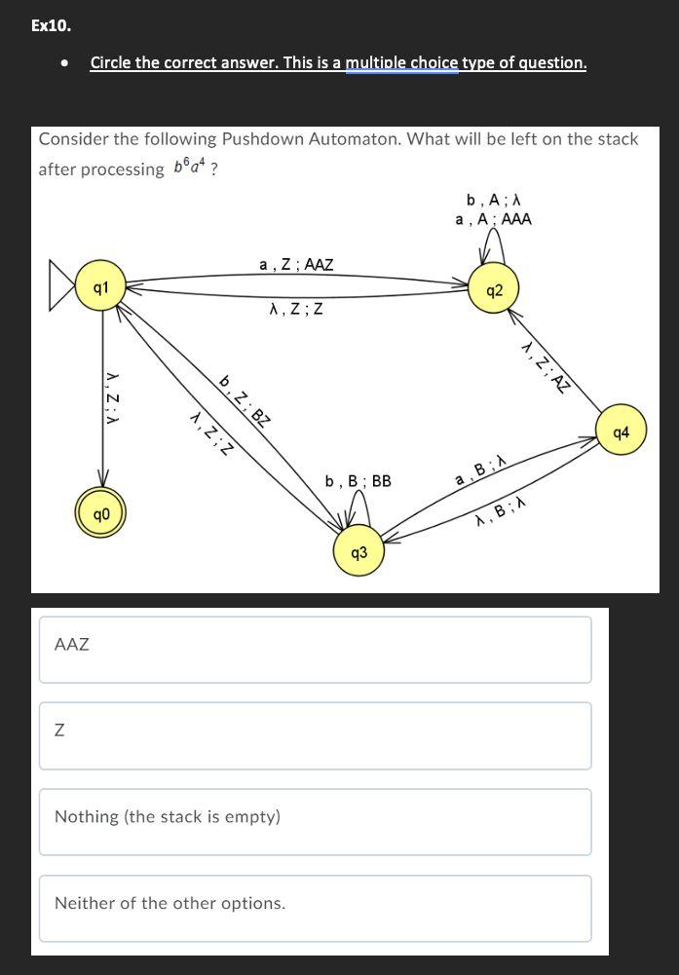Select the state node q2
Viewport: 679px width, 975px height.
tap(493, 290)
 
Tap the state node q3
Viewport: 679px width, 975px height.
tap(358, 552)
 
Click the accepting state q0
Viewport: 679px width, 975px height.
tap(101, 513)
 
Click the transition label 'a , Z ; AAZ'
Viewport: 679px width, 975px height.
tap(296, 264)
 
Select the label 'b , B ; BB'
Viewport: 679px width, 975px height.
tap(358, 480)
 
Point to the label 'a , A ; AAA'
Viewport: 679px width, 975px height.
tap(493, 219)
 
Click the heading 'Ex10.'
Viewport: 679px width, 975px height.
tap(51, 25)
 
